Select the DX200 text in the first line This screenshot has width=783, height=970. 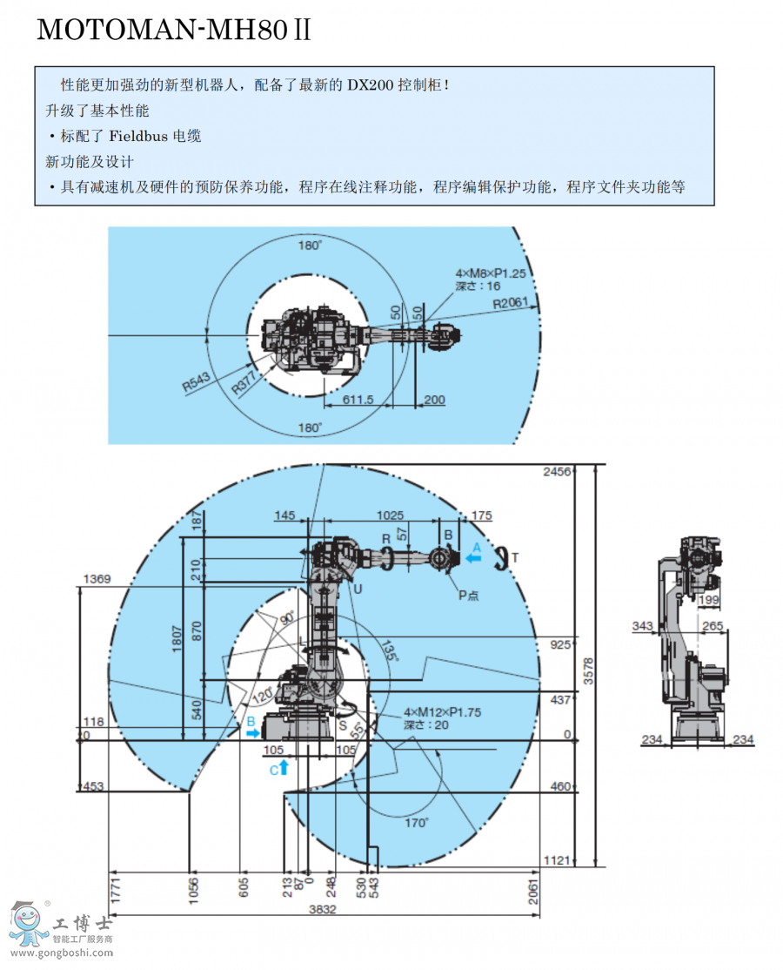[371, 85]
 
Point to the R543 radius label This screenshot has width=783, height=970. [197, 383]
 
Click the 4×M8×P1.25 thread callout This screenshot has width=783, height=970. [492, 273]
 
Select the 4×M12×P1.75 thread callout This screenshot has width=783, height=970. [443, 712]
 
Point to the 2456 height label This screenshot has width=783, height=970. [556, 471]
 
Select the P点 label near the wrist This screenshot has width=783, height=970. [471, 596]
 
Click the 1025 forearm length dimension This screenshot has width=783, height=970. [389, 515]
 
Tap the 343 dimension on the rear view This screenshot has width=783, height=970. [643, 625]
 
